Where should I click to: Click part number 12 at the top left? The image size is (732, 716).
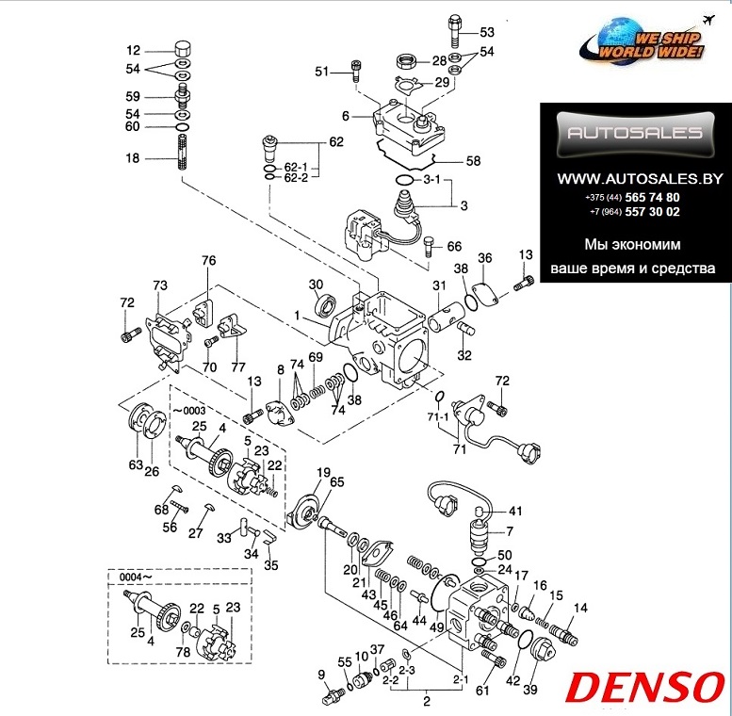click(x=133, y=51)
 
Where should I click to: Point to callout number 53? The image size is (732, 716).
click(x=486, y=32)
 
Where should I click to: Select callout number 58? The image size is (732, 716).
click(x=474, y=161)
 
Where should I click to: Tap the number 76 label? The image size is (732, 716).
click(x=208, y=261)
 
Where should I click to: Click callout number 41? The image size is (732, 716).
click(x=515, y=511)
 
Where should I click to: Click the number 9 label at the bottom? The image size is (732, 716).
click(x=321, y=674)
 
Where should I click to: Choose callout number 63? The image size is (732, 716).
click(x=135, y=464)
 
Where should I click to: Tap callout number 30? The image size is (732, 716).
click(x=316, y=285)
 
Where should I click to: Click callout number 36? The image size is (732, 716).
click(x=485, y=258)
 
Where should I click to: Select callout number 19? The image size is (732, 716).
click(x=322, y=472)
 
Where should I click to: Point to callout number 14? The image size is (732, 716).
click(x=580, y=608)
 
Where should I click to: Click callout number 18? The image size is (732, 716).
click(x=133, y=159)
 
